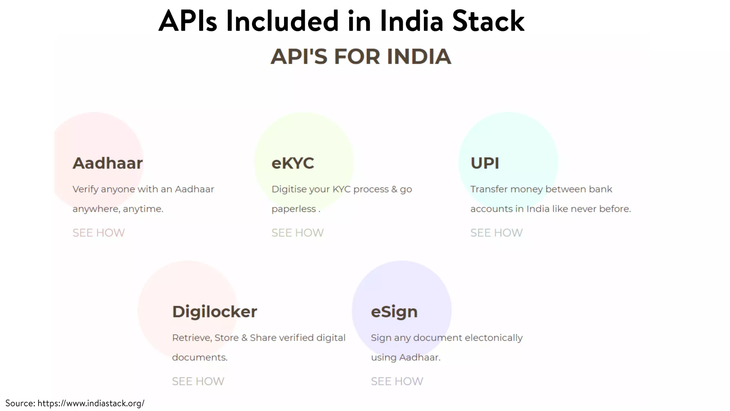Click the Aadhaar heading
(x=107, y=163)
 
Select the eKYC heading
(x=293, y=163)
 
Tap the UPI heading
(x=485, y=163)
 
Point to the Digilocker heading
(x=215, y=312)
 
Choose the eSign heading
(x=394, y=312)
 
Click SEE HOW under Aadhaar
(x=99, y=233)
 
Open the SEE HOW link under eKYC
(x=298, y=233)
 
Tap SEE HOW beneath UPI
(x=497, y=233)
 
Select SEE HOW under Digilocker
(x=198, y=381)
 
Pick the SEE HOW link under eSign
(x=397, y=381)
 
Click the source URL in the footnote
(x=91, y=404)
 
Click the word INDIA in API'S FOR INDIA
(x=419, y=57)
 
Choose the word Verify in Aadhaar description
(x=85, y=189)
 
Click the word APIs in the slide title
(x=187, y=21)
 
